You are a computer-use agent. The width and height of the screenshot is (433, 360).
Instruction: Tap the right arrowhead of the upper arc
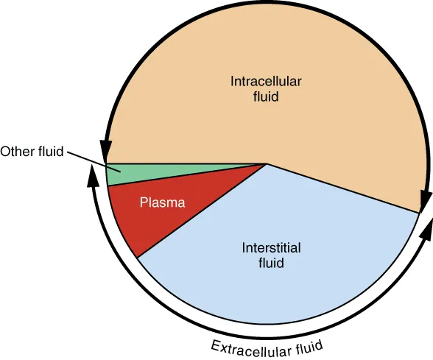point(424,200)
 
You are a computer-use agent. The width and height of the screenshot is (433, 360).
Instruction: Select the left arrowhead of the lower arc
point(93,175)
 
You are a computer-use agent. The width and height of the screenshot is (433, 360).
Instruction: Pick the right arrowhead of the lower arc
point(427,229)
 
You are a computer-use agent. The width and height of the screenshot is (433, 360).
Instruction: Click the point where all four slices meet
point(267,163)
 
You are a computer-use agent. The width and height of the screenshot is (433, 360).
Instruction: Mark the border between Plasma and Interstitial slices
point(202,211)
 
